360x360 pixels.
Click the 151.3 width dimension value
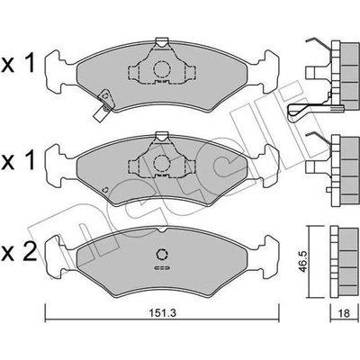pos(162,313)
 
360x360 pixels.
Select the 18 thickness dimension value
pos(344,313)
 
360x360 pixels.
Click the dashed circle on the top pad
pos(162,69)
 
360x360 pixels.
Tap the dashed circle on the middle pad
pos(162,163)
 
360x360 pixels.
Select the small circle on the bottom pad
pos(162,254)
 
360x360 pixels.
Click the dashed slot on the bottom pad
pos(162,267)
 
